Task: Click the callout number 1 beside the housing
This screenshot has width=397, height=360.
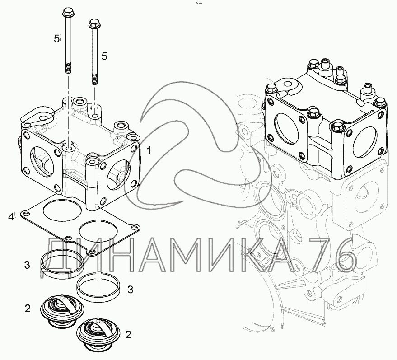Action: pos(149,150)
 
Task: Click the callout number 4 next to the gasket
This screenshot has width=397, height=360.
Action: pos(11,217)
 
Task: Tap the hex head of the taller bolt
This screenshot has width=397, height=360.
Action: pos(67,12)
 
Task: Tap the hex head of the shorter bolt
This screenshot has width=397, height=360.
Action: pos(94,24)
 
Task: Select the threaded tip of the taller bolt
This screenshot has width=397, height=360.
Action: pos(68,68)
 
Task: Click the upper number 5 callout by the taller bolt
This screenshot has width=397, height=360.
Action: pos(56,39)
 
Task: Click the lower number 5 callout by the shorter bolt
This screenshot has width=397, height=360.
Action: pos(104,56)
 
